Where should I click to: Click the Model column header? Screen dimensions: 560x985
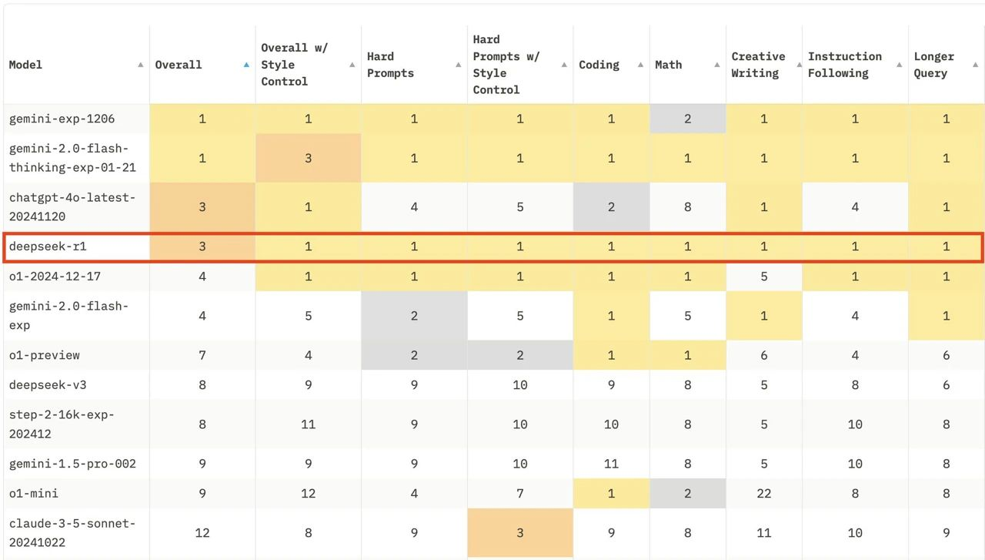25,65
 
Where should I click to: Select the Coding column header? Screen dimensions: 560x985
599,65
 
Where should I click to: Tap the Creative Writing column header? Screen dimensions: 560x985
758,65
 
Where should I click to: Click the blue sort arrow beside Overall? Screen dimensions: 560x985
246,65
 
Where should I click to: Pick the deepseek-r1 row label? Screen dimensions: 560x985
42,247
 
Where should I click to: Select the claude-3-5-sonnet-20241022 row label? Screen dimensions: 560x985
72,532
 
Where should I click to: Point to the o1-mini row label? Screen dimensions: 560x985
34,493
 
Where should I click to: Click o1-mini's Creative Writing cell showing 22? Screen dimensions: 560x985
763,493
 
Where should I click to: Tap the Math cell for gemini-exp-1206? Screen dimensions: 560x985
687,119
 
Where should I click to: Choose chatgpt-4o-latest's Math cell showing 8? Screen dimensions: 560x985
687,207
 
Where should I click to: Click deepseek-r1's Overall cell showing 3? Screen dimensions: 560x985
202,247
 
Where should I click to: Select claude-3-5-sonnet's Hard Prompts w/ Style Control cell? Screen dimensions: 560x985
520,532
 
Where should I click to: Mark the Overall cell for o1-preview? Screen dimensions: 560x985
202,355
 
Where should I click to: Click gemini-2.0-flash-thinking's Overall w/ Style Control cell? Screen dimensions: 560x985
308,158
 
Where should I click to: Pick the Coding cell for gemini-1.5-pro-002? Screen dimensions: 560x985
611,464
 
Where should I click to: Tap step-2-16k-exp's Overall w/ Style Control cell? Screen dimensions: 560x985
308,424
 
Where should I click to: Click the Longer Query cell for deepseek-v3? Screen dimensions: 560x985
946,384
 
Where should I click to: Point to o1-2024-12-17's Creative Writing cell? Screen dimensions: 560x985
763,277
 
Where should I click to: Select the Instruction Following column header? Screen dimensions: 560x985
844,65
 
